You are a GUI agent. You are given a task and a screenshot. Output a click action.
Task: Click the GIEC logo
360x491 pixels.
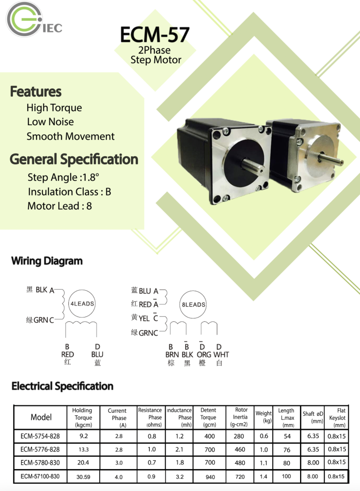(x=34, y=19)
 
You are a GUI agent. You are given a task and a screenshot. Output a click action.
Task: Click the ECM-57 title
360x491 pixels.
(x=155, y=35)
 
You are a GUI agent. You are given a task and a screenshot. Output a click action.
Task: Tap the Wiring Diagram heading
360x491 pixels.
(x=47, y=261)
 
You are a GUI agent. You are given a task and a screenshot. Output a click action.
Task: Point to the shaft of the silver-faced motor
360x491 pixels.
(x=330, y=159)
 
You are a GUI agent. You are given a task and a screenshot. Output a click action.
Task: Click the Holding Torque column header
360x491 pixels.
(x=83, y=418)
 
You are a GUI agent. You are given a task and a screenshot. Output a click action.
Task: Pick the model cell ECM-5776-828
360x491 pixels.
(x=40, y=449)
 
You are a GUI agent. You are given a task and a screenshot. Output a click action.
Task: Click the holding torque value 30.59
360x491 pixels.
(x=83, y=477)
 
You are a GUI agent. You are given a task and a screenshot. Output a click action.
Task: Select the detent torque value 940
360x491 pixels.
(x=210, y=477)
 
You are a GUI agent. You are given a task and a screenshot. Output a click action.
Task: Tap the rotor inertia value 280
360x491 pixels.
(x=238, y=436)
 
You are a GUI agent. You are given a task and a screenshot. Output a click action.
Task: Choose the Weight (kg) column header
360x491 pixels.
(x=263, y=417)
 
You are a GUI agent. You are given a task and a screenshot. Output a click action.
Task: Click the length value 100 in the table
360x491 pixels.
(x=286, y=476)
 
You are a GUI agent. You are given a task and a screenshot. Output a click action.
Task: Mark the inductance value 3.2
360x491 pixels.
(x=180, y=477)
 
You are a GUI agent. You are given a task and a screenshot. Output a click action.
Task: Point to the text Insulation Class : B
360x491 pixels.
(x=70, y=192)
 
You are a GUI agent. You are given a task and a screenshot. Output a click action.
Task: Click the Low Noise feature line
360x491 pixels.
(x=50, y=122)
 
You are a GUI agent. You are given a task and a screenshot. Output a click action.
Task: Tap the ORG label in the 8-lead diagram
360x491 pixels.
(x=204, y=354)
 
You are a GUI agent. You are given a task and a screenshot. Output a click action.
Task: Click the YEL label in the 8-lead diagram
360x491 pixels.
(x=144, y=318)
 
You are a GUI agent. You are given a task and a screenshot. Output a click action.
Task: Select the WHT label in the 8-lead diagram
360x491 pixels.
(x=221, y=354)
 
